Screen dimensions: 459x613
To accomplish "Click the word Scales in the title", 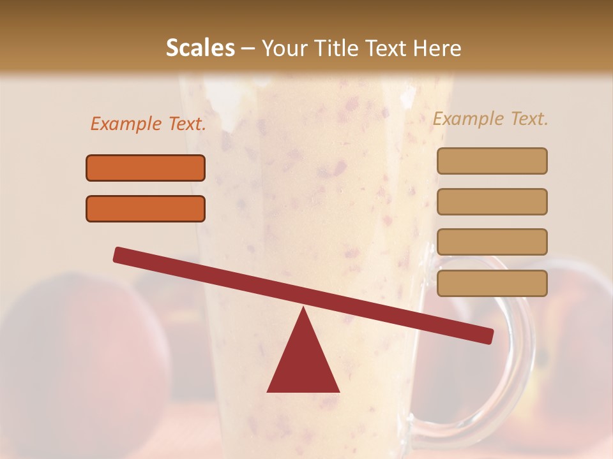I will pos(200,48).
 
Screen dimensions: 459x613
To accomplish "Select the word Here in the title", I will pos(436,48).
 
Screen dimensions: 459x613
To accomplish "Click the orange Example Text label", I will pos(148,124).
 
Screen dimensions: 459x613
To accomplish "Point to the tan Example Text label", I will pos(490,119).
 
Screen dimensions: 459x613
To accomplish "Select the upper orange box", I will pos(146,168).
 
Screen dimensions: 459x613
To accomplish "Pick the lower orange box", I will pos(146,208).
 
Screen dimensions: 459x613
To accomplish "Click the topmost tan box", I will pos(492,161).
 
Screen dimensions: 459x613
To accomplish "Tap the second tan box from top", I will pos(492,201).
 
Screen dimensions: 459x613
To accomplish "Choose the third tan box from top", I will pos(492,242).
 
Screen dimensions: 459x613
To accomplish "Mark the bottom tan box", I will pos(492,283).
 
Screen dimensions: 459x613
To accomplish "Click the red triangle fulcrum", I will pos(303,360).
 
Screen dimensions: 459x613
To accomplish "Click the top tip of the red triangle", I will pos(303,309).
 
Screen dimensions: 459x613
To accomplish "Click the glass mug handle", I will pos(520,357).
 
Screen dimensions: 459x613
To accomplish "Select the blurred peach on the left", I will pos(70,344).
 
